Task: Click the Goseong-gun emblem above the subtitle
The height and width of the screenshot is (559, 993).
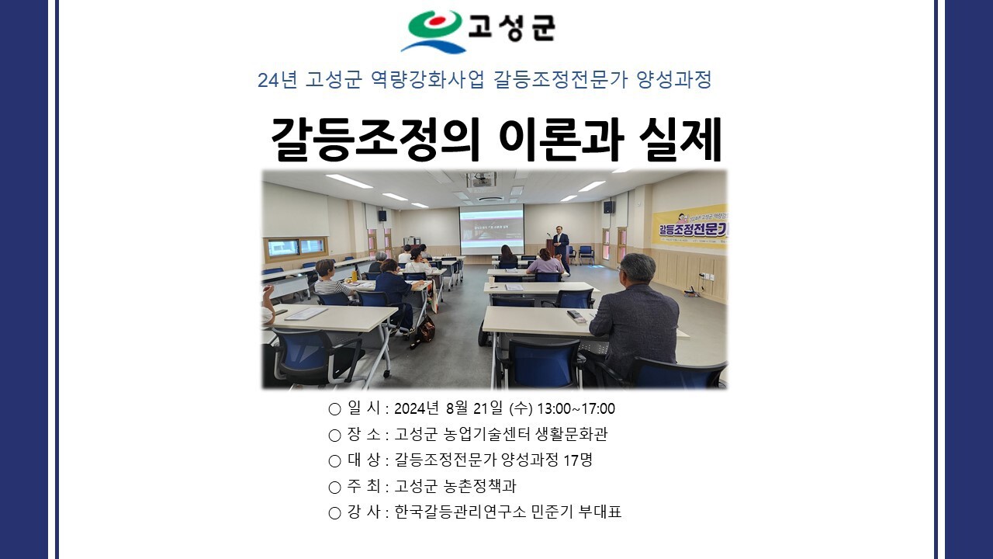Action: coord(434,30)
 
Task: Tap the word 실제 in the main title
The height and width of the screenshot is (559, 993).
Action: coord(680,141)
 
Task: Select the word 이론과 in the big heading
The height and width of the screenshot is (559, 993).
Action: coord(560,141)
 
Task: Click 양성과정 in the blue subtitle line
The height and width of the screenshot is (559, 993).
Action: coord(674,80)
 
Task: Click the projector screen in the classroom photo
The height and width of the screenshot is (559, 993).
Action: coord(492,228)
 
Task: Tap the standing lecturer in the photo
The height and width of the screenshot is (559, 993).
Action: coord(561,249)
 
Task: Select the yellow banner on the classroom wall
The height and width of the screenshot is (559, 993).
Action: coord(690,227)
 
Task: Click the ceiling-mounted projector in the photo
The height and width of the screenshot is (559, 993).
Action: coord(481,180)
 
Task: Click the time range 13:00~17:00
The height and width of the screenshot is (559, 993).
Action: coord(576,408)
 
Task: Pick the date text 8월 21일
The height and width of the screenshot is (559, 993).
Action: coord(474,408)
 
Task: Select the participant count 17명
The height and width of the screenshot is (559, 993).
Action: coord(578,460)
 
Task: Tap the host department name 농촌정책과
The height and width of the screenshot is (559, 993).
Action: coord(479,486)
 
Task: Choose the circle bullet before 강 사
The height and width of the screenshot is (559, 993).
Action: coord(334,513)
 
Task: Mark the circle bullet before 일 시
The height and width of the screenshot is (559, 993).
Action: coord(334,409)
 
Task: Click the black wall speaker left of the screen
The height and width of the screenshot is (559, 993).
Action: coord(382,216)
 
